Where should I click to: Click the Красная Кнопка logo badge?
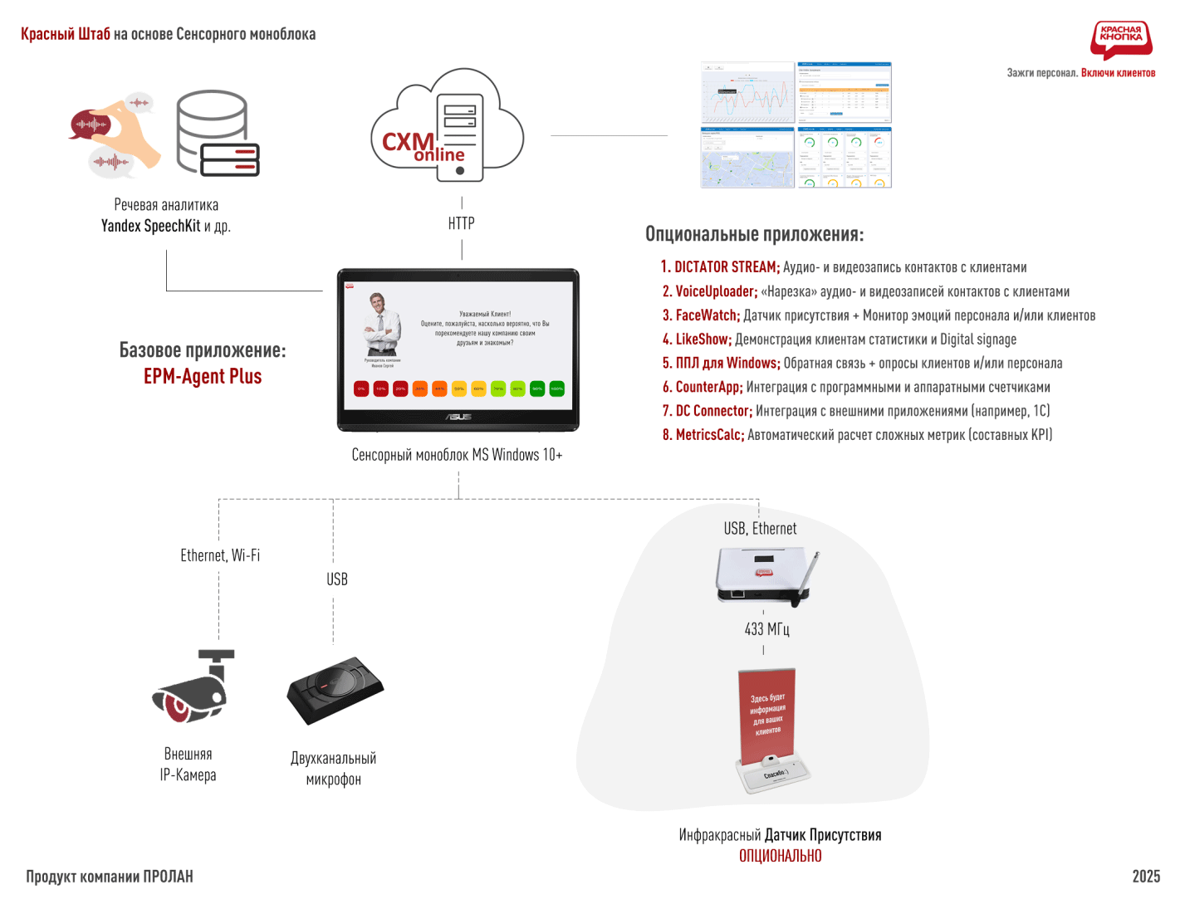pyautogui.click(x=1120, y=39)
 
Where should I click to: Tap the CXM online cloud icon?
pyautogui.click(x=448, y=124)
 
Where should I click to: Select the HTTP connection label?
pyautogui.click(x=461, y=223)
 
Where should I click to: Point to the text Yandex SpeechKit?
pyautogui.click(x=150, y=226)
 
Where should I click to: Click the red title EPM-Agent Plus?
pyautogui.click(x=203, y=377)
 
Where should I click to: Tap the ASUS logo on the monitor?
pyautogui.click(x=458, y=417)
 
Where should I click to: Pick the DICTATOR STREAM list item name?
pyautogui.click(x=726, y=267)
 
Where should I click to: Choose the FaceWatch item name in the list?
pyautogui.click(x=707, y=315)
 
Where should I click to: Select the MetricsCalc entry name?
pyautogui.click(x=709, y=435)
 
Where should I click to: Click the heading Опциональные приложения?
pyautogui.click(x=754, y=234)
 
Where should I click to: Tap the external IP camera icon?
pyautogui.click(x=194, y=687)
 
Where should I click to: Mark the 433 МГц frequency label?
pyautogui.click(x=766, y=629)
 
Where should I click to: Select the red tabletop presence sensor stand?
pyautogui.click(x=771, y=731)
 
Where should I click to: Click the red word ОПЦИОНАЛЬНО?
pyautogui.click(x=780, y=856)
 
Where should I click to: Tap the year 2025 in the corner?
pyautogui.click(x=1146, y=877)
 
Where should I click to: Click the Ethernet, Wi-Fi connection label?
pyautogui.click(x=220, y=555)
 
